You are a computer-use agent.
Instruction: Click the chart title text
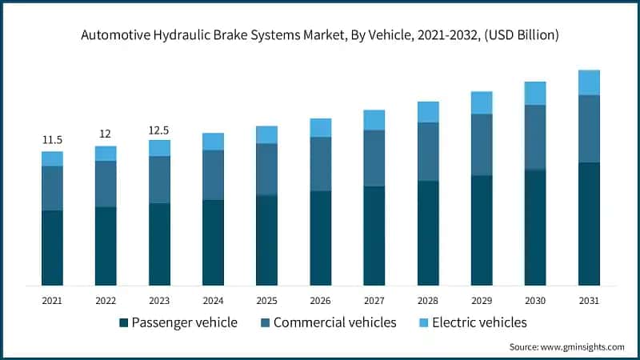(x=320, y=35)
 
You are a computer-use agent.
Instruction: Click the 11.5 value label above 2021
(x=52, y=140)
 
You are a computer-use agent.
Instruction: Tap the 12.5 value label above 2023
(x=159, y=130)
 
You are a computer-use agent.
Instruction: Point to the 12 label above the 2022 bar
(x=105, y=134)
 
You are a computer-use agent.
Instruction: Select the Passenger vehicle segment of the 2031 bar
(x=589, y=224)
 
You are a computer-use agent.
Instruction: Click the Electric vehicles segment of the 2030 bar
(x=535, y=94)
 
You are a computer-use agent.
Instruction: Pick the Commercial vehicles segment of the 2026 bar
(x=320, y=164)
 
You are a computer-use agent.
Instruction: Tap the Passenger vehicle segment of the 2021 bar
(x=52, y=248)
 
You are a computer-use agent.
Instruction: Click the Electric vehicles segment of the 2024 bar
(x=213, y=142)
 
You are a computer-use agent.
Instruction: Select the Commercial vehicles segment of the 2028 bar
(x=428, y=152)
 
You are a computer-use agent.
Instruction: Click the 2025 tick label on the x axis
(x=266, y=300)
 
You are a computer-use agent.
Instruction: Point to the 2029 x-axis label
(x=482, y=300)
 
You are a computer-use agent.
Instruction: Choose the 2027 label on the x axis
(x=374, y=300)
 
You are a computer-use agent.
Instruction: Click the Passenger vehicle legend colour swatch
(x=123, y=323)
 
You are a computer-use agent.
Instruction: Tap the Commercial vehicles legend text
(x=334, y=322)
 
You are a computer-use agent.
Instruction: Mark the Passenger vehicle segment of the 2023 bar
(x=159, y=244)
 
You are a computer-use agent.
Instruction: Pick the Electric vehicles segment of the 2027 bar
(x=374, y=120)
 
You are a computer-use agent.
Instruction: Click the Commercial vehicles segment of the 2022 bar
(x=105, y=184)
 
